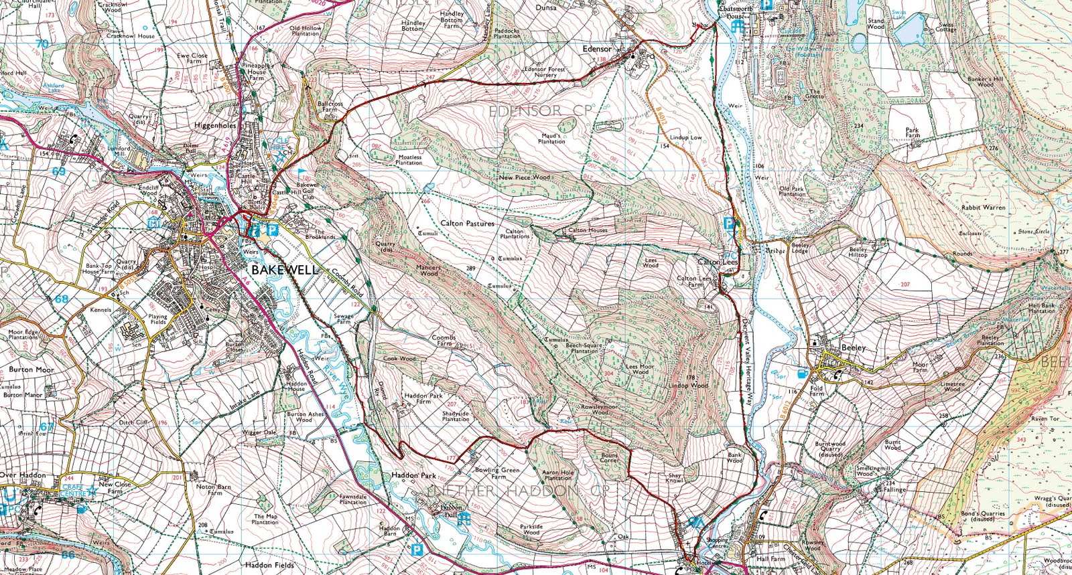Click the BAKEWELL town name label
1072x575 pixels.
pos(285,270)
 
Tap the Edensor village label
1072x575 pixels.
pos(596,49)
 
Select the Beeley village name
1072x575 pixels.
pos(853,348)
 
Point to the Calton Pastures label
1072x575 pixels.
pos(467,224)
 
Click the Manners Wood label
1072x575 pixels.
pos(429,270)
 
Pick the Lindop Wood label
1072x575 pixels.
pos(688,386)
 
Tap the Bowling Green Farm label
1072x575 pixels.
pos(497,473)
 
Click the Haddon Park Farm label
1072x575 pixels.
pos(423,398)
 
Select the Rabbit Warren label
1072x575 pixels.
pos(983,208)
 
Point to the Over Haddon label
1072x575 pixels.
pos(23,475)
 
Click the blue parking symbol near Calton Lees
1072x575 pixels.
pos(728,224)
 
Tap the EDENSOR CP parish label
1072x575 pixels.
pos(540,110)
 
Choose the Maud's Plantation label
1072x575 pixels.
pos(551,139)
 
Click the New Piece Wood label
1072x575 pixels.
pos(524,177)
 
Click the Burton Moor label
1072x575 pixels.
pos(31,369)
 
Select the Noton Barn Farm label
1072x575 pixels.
pos(214,490)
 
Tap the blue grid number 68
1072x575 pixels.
pos(61,299)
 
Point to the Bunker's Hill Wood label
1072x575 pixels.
pos(985,82)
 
